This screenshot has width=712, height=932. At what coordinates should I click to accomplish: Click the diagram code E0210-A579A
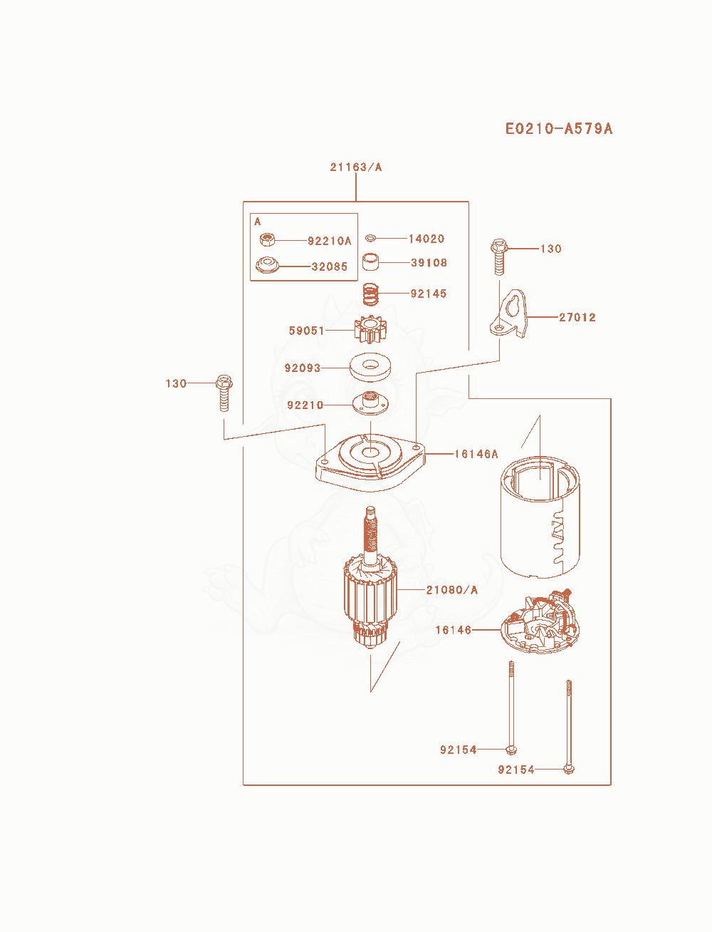(x=558, y=129)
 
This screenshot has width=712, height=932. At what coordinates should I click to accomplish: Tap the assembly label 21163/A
(x=355, y=167)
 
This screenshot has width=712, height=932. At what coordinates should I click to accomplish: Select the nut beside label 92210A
(x=267, y=240)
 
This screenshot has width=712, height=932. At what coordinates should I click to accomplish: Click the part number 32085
(x=329, y=266)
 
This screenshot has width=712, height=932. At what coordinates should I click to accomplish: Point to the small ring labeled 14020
(x=370, y=238)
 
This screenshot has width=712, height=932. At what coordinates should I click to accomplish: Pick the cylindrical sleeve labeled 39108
(x=370, y=262)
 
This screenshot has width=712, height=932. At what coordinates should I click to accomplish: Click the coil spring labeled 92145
(x=370, y=294)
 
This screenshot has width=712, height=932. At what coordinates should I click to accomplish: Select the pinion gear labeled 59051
(x=370, y=329)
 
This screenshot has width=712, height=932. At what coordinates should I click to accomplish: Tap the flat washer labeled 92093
(x=370, y=367)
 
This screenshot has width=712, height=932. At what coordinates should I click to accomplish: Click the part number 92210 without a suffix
(x=305, y=405)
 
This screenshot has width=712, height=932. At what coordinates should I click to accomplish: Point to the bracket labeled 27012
(x=508, y=314)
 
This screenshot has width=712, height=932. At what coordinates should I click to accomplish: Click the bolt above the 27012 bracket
(x=499, y=257)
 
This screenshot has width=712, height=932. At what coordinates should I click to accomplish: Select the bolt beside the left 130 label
(x=224, y=393)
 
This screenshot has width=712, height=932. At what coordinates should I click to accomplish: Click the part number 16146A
(x=476, y=455)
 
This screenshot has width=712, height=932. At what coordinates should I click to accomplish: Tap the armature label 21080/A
(x=452, y=590)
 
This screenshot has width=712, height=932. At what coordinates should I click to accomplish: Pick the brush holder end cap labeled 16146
(x=540, y=623)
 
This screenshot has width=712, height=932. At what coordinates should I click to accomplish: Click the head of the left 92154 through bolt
(x=511, y=750)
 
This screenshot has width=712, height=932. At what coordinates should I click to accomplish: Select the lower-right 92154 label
(x=516, y=770)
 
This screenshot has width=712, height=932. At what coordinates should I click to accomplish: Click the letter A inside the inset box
(x=257, y=222)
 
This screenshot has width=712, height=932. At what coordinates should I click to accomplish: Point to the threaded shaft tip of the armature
(x=370, y=509)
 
